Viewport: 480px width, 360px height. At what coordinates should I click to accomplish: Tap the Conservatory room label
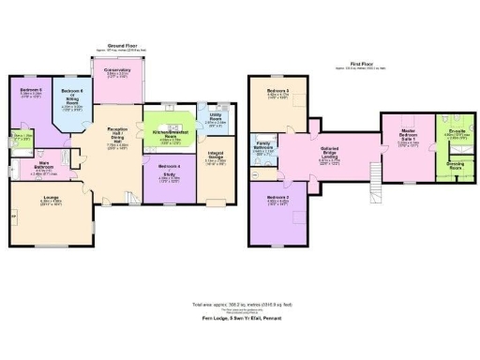(117, 72)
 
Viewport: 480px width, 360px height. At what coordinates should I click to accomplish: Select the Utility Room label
(216, 120)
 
